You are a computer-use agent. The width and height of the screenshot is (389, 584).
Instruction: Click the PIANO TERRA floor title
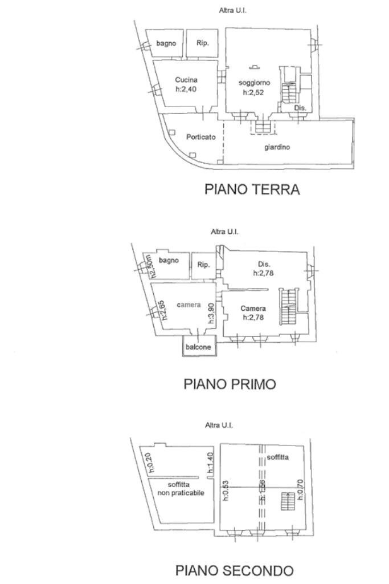click(252, 190)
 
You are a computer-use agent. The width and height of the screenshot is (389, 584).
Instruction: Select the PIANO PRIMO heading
click(230, 384)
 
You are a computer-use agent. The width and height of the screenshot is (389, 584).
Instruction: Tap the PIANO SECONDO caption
click(234, 570)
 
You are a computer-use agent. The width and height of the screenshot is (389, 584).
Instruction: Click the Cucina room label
click(186, 80)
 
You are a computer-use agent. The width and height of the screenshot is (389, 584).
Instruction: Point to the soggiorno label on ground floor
click(254, 83)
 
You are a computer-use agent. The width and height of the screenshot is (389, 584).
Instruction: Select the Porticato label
click(201, 137)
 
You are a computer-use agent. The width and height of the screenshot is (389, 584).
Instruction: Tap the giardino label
click(277, 147)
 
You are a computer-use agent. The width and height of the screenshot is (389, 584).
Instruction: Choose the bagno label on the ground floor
click(166, 43)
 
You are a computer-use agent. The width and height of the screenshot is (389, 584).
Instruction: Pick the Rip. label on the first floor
click(203, 265)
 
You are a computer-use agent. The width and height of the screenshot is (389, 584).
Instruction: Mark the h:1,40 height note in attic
click(210, 463)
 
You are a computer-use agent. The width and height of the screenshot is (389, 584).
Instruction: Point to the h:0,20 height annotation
click(150, 463)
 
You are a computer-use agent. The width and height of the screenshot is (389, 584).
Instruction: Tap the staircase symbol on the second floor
click(288, 502)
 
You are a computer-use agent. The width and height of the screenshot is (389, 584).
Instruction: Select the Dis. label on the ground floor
click(300, 108)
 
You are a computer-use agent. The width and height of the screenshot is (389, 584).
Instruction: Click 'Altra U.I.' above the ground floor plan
click(232, 10)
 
